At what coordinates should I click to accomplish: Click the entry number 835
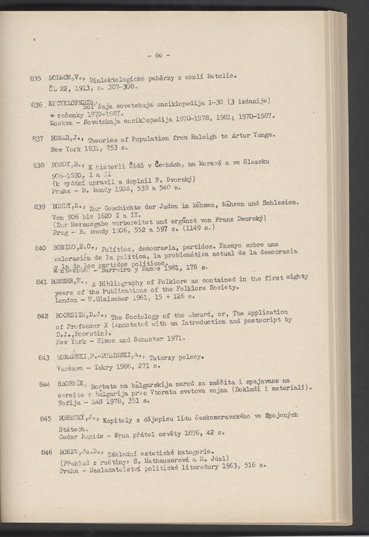coord(34,78)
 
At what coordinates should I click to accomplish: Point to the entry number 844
coord(36,383)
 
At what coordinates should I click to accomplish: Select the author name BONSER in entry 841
coord(63,283)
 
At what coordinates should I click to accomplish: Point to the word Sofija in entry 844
coord(61,400)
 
